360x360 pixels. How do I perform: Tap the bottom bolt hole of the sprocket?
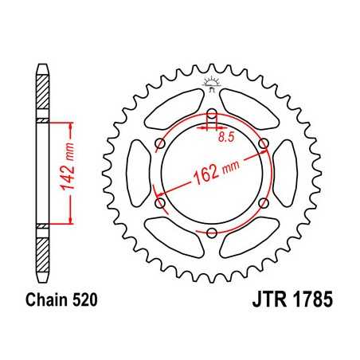tap(213, 233)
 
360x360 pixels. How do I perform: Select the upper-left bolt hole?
tap(160, 143)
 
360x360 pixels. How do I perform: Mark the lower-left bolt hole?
tap(160, 203)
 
